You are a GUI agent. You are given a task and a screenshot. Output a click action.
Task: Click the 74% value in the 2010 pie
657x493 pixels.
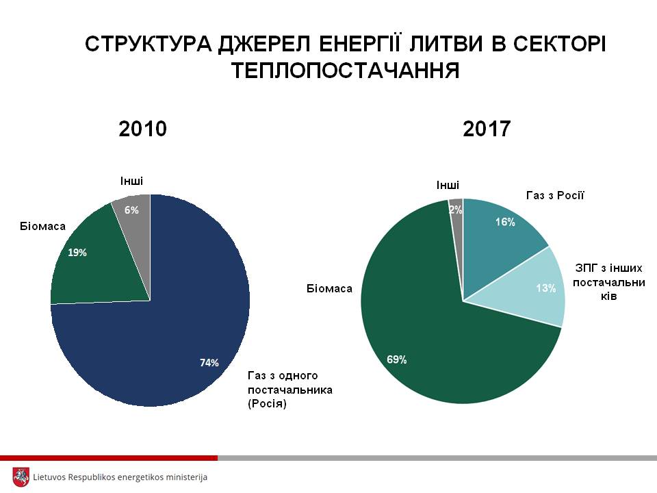click(x=209, y=363)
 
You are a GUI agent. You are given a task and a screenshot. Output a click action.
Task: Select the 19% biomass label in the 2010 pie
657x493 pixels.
click(x=77, y=253)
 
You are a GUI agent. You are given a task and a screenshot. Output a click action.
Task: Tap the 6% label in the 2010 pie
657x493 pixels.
click(x=131, y=210)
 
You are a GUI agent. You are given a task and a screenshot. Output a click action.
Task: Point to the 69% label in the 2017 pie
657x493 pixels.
click(x=396, y=359)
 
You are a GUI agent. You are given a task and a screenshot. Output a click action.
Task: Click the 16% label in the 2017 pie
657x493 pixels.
click(x=505, y=222)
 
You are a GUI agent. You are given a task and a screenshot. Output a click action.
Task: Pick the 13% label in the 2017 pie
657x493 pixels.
click(x=545, y=288)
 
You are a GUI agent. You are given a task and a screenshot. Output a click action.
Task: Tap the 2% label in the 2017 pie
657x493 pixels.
click(x=456, y=210)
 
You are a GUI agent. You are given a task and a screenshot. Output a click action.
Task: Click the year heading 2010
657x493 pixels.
click(x=142, y=129)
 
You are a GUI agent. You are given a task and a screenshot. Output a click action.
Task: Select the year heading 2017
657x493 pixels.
click(x=487, y=129)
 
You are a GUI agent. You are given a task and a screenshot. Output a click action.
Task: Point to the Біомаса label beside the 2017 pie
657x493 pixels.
click(x=329, y=288)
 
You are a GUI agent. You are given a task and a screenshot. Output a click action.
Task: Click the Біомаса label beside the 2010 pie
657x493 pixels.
click(x=42, y=225)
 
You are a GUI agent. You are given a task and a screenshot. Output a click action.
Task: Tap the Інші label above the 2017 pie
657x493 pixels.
click(x=448, y=185)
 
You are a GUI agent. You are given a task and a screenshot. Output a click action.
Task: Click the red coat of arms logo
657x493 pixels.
click(x=21, y=477)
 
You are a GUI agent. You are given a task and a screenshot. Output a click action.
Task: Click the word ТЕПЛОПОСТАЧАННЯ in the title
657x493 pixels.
click(x=345, y=71)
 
